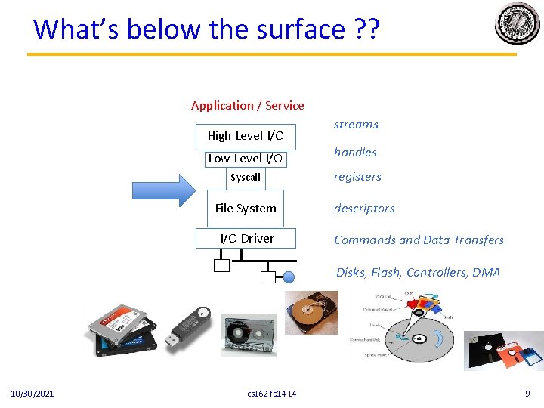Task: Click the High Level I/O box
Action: tap(246, 136)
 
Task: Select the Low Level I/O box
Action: tap(246, 159)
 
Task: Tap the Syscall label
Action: tap(246, 178)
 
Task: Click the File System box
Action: tap(246, 209)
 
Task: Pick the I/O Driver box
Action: tap(247, 239)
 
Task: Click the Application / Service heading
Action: tap(248, 106)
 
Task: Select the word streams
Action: tap(356, 125)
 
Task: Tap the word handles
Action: tap(355, 152)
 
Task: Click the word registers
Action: tap(357, 177)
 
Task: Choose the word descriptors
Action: tap(364, 209)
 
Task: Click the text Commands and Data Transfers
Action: tap(419, 240)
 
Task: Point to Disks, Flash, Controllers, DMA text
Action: tap(418, 273)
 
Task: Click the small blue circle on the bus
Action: tap(288, 277)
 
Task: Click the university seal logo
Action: tap(518, 24)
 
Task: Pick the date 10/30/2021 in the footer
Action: tap(32, 394)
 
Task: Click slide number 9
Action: tap(527, 394)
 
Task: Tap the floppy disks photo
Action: tap(503, 351)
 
